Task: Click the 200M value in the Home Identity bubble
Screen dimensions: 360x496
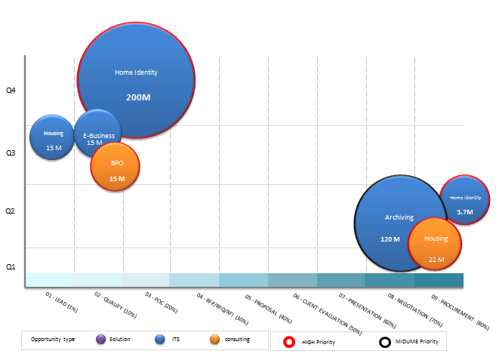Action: click(x=137, y=97)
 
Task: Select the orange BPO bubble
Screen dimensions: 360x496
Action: click(x=116, y=169)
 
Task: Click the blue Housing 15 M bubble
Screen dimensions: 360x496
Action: click(x=51, y=137)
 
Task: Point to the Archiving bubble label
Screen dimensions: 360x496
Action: click(x=399, y=217)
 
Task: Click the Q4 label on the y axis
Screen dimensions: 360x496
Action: click(x=11, y=91)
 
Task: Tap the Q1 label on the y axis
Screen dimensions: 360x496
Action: click(x=11, y=267)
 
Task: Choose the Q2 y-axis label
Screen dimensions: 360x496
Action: click(x=11, y=212)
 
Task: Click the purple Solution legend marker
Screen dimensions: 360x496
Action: click(x=102, y=340)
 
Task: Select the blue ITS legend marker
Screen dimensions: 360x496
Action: click(x=159, y=340)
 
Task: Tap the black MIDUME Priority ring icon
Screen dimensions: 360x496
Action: click(x=385, y=342)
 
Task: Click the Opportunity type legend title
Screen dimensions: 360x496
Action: click(x=53, y=340)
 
